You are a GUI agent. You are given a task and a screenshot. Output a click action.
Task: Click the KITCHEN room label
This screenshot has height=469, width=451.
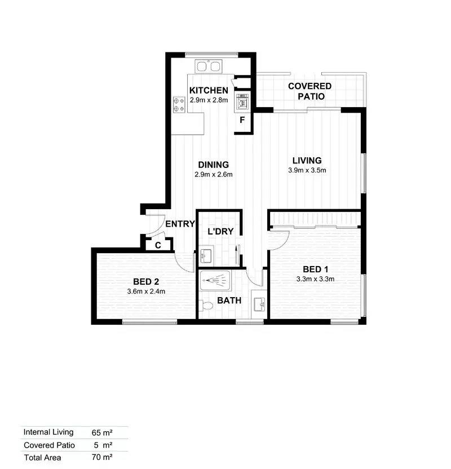(x=209, y=90)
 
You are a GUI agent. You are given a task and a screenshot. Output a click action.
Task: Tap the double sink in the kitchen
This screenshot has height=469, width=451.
(x=208, y=67)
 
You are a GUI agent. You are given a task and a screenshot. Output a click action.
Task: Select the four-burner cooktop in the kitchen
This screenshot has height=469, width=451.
(x=179, y=104)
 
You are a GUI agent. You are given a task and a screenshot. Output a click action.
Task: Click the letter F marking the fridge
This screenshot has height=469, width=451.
(x=242, y=120)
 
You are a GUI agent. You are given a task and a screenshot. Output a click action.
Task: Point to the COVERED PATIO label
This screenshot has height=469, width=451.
(x=309, y=91)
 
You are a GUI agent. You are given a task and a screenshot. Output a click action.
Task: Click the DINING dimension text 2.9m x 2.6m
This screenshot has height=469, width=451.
(x=214, y=174)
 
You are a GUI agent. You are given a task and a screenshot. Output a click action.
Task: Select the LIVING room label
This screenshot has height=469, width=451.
(x=307, y=160)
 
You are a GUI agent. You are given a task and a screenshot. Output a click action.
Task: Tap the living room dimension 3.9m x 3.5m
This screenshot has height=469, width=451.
(x=307, y=170)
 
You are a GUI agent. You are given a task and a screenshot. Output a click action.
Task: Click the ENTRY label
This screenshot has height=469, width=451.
(x=180, y=224)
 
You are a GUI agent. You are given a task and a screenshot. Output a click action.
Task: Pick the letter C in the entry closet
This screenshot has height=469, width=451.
(x=158, y=245)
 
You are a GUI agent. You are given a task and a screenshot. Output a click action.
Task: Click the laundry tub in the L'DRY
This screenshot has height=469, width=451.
(x=206, y=256)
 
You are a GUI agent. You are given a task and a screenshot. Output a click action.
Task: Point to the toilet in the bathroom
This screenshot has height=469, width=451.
(x=206, y=306)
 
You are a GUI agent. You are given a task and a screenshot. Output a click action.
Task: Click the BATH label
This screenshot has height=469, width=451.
(x=229, y=300)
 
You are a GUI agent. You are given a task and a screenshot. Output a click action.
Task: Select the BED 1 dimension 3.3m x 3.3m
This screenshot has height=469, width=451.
(x=316, y=278)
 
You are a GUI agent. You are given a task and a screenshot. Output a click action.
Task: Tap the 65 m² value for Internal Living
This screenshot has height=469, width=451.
(x=102, y=433)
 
